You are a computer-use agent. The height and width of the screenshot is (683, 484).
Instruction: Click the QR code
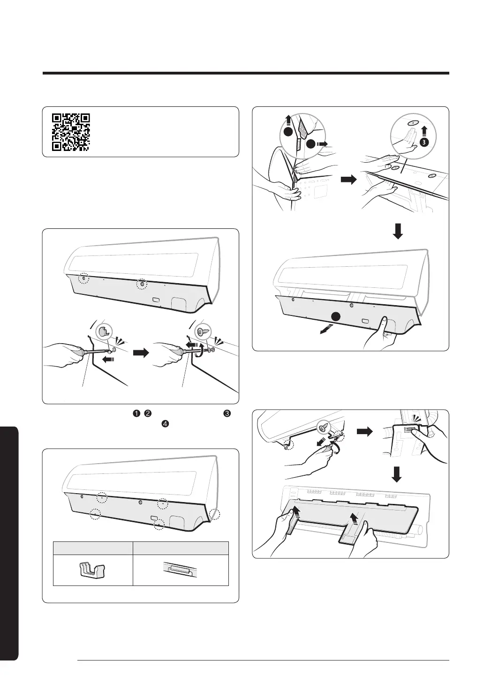(71, 132)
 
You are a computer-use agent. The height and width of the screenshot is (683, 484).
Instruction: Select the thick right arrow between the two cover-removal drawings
(348, 180)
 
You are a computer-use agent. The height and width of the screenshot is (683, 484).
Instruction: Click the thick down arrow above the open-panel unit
(398, 232)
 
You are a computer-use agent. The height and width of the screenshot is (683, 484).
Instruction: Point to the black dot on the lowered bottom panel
(336, 316)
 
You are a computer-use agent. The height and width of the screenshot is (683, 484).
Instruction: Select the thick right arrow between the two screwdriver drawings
(141, 353)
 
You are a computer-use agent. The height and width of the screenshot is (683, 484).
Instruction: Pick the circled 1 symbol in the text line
(136, 413)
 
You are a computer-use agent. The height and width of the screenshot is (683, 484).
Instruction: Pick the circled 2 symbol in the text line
(147, 413)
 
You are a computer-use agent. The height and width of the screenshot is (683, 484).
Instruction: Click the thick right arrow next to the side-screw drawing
(365, 431)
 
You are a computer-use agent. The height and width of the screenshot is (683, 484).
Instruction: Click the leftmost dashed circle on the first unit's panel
(83, 278)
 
